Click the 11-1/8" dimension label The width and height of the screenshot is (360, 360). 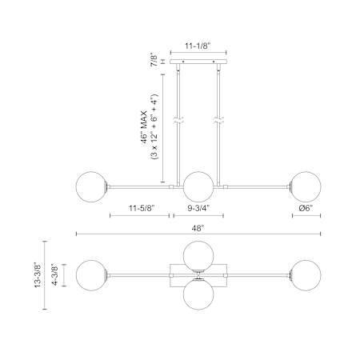[198, 46]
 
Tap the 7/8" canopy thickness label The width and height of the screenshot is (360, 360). [154, 61]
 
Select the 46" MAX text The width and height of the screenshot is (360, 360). [144, 127]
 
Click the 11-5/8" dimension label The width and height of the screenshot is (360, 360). [142, 208]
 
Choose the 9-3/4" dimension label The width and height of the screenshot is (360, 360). [198, 208]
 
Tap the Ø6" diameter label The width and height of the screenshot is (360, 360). [306, 208]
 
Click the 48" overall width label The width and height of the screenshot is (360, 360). [198, 228]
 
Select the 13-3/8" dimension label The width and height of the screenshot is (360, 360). [38, 274]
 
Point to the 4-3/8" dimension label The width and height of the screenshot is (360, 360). [54, 274]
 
